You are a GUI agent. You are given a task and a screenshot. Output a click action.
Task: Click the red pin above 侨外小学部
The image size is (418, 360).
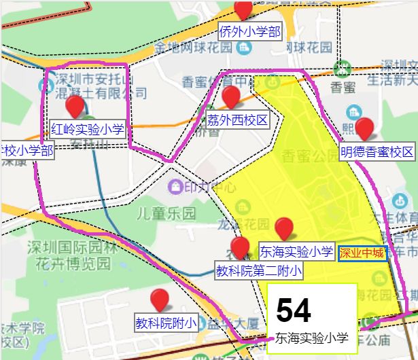243,10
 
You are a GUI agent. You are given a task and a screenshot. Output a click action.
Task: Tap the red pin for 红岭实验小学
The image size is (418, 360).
75,107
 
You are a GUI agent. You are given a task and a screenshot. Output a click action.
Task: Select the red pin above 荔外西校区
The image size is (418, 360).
231,97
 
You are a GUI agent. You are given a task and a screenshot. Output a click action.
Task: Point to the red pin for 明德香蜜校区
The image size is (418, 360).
365,128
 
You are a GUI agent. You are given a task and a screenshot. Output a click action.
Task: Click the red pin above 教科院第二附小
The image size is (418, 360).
240,248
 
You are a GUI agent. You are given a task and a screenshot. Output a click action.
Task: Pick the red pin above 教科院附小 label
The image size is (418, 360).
160,299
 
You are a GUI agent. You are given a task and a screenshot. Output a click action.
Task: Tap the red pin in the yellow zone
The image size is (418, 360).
283,228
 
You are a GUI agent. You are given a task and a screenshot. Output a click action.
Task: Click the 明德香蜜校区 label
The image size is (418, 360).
377,151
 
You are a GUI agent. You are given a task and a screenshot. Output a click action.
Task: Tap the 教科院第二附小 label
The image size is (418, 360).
258,271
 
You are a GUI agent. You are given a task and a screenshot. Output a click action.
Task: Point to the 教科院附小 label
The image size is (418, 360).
166,323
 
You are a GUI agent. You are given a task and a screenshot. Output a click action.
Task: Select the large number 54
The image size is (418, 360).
294,311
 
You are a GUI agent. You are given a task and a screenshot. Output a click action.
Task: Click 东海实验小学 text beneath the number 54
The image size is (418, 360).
312,338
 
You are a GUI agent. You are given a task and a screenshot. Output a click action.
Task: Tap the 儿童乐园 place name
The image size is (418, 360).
165,213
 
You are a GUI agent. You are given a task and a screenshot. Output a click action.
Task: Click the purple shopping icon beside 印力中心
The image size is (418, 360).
176,185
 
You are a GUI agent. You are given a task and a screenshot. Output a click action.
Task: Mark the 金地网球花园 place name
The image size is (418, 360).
194,48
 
